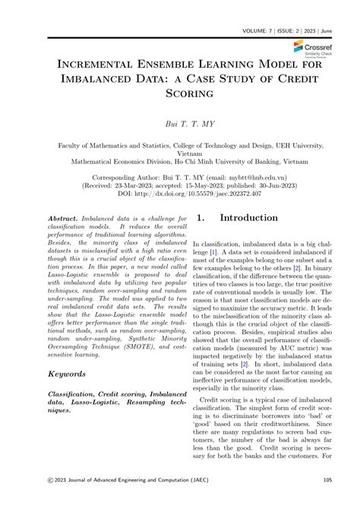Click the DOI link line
[x=179, y=194]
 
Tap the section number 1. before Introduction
[x=201, y=218]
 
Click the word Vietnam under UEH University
[x=180, y=152]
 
